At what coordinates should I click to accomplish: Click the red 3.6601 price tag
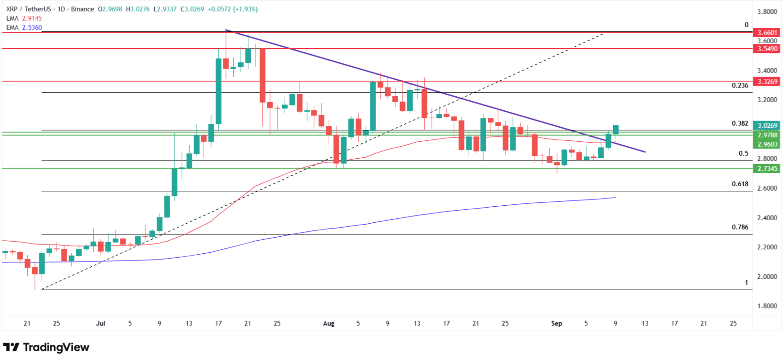[x=767, y=32]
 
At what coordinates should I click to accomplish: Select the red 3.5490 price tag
[x=767, y=48]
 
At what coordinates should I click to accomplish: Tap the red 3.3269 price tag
[x=767, y=81]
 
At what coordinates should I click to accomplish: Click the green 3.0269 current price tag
[x=767, y=126]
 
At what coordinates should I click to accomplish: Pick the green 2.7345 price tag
[x=767, y=169]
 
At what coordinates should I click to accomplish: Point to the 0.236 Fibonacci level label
[x=740, y=85]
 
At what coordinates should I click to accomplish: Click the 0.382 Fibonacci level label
[x=740, y=123]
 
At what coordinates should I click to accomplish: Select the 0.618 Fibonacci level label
[x=740, y=184]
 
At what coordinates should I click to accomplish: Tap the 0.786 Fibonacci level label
[x=740, y=227]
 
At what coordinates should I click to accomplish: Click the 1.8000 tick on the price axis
[x=767, y=306]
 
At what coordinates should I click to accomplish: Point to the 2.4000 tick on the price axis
[x=767, y=218]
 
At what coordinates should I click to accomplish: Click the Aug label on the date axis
[x=329, y=323]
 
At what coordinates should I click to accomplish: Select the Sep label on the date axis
[x=557, y=323]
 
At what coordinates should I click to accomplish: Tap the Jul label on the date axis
[x=100, y=323]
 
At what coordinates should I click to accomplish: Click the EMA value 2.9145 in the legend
[x=32, y=18]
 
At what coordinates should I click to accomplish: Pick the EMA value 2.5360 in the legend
[x=32, y=27]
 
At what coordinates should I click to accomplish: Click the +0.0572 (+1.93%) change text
[x=233, y=9]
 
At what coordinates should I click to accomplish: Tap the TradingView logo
[x=46, y=347]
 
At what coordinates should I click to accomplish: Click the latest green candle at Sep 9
[x=616, y=130]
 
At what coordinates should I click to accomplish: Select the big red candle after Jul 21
[x=262, y=75]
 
